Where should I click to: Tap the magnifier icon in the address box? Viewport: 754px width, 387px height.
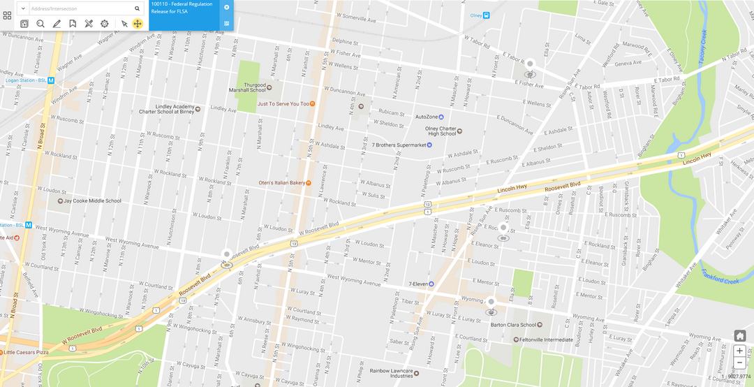pyautogui.click(x=137, y=8)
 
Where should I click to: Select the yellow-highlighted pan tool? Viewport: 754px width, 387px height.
pyautogui.click(x=138, y=24)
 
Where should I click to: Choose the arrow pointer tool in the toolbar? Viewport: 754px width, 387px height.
pyautogui.click(x=124, y=24)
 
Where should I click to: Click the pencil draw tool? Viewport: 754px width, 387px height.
pyautogui.click(x=57, y=24)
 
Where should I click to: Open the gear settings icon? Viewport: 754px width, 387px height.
pyautogui.click(x=104, y=24)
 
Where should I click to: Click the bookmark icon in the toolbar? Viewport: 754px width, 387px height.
pyautogui.click(x=73, y=24)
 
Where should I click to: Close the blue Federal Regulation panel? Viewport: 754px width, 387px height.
pyautogui.click(x=226, y=7)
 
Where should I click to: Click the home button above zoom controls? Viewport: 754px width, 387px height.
pyautogui.click(x=739, y=336)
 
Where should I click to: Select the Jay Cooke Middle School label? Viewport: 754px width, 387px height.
pyautogui.click(x=92, y=200)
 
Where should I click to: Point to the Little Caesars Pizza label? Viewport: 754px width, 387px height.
pyautogui.click(x=27, y=353)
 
